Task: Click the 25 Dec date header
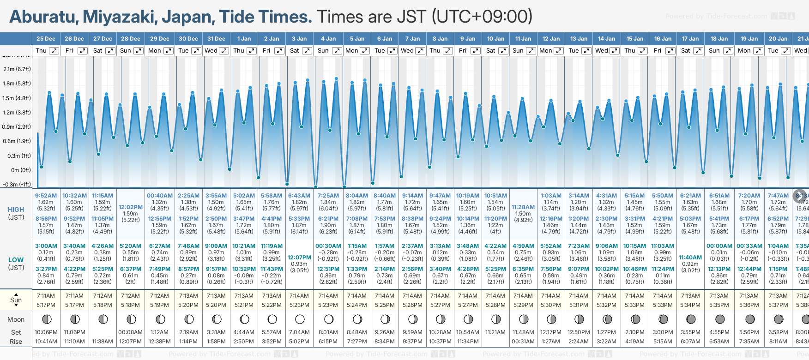pyautogui.click(x=46, y=39)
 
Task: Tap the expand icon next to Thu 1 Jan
pyautogui.click(x=251, y=51)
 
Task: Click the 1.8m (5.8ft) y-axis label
pyautogui.click(x=17, y=84)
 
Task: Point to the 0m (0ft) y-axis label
pyautogui.click(x=21, y=170)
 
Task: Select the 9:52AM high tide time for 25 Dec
pyautogui.click(x=46, y=196)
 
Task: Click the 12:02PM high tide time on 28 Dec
pyautogui.click(x=131, y=207)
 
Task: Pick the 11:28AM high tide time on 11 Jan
pyautogui.click(x=523, y=207)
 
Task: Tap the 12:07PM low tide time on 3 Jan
pyautogui.click(x=299, y=258)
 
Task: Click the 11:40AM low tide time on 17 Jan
pyautogui.click(x=690, y=258)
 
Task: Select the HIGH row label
pyautogui.click(x=16, y=210)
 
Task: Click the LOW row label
pyautogui.click(x=16, y=260)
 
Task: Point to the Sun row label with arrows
pyautogui.click(x=16, y=300)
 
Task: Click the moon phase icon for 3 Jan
pyautogui.click(x=300, y=319)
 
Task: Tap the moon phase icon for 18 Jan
pyautogui.click(x=719, y=319)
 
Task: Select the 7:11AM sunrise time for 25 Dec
pyautogui.click(x=46, y=296)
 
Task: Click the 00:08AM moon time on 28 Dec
pyautogui.click(x=131, y=332)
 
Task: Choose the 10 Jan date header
pyautogui.click(x=495, y=39)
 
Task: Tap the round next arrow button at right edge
pyautogui.click(x=800, y=196)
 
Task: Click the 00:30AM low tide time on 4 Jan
pyautogui.click(x=328, y=246)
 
